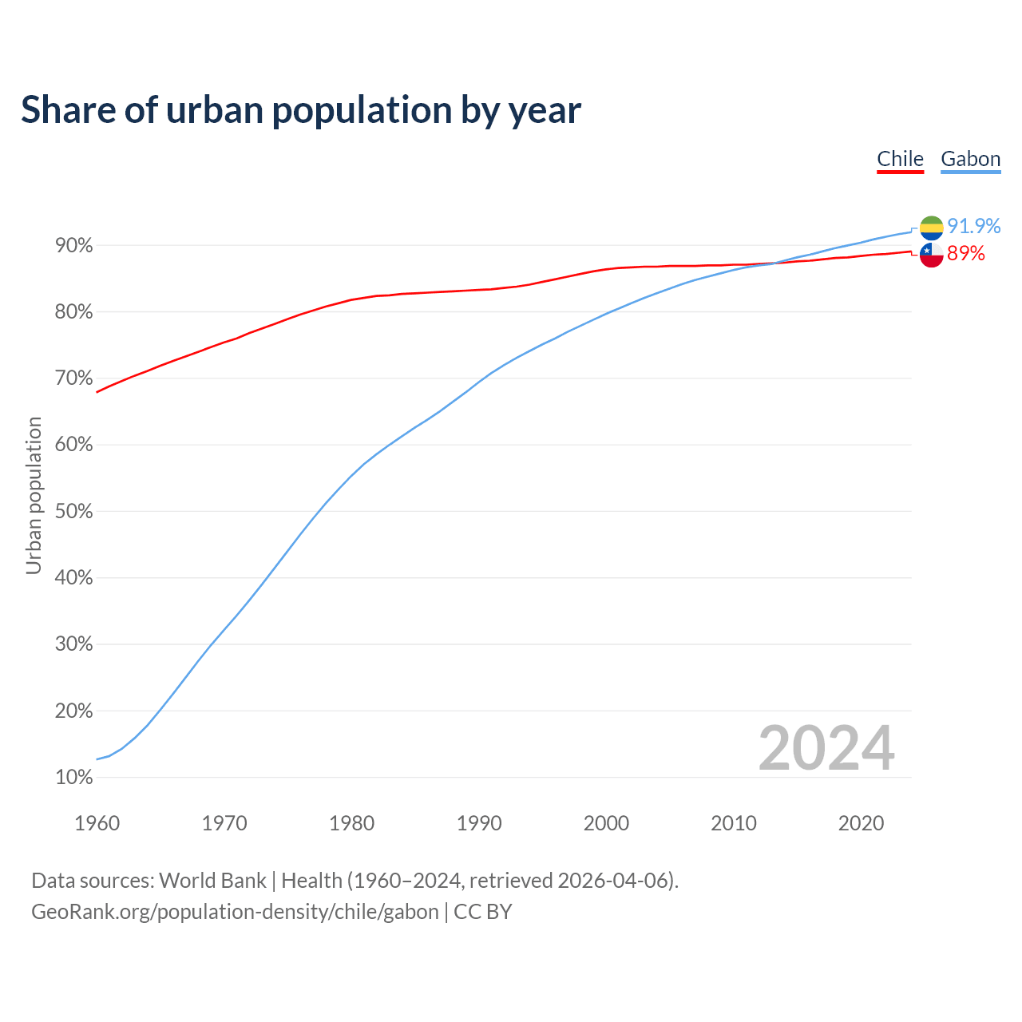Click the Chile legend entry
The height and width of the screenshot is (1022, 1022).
click(900, 159)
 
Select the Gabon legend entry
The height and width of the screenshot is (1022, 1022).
click(970, 159)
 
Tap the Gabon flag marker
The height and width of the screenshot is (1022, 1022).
click(931, 228)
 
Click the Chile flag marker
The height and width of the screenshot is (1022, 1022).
click(931, 255)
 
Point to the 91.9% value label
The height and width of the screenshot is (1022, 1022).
click(973, 227)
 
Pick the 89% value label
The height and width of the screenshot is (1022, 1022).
click(965, 254)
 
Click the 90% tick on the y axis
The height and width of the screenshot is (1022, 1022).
click(74, 246)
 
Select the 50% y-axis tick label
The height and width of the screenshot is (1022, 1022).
click(74, 512)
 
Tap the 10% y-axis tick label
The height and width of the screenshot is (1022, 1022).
click(74, 778)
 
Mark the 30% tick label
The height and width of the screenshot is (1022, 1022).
click(74, 644)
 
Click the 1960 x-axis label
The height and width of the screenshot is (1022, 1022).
click(97, 823)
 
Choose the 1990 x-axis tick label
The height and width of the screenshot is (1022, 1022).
click(479, 823)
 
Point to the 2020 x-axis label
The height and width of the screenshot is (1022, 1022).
click(861, 823)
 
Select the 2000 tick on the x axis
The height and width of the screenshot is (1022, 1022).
click(606, 823)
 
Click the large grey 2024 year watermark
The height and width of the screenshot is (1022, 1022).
click(826, 748)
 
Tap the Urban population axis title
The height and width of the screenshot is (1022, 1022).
click(34, 496)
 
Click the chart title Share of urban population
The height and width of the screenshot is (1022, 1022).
click(301, 109)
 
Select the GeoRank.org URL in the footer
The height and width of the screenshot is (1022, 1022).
click(235, 912)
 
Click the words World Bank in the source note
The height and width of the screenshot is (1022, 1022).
click(212, 881)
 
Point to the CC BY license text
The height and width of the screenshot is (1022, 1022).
click(483, 912)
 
